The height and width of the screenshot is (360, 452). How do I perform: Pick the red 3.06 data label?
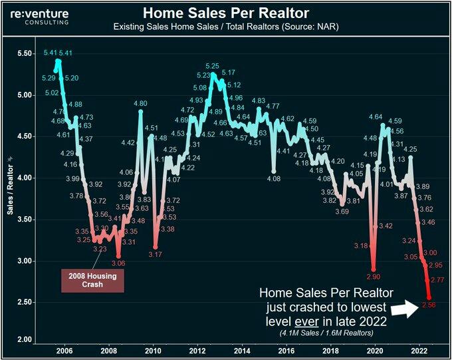118,264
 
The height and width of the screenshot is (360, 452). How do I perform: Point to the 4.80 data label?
140,104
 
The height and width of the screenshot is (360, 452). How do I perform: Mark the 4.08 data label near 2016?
273,178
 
